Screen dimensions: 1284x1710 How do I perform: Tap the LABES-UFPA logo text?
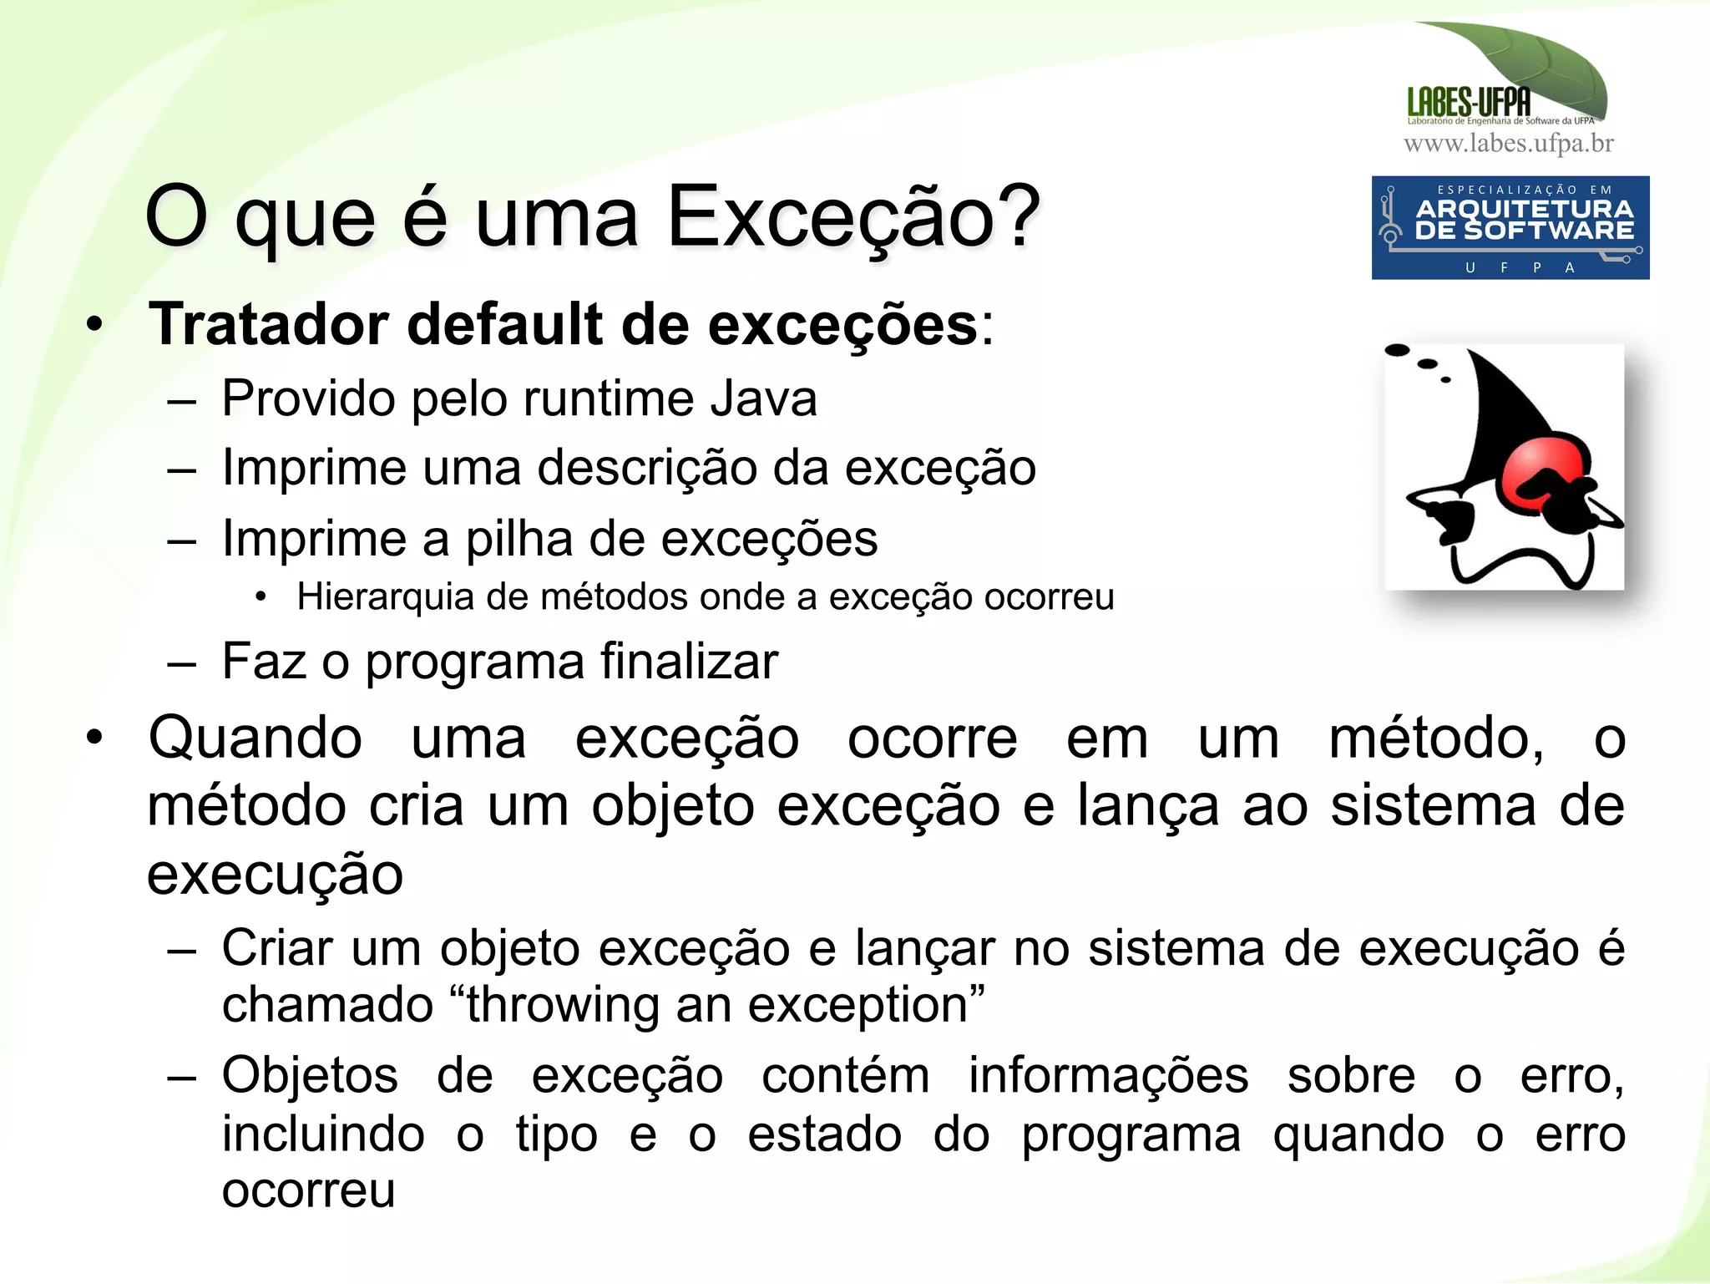point(1469,103)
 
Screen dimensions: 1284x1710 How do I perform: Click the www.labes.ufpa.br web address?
point(1508,144)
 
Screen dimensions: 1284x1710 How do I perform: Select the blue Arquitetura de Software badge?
point(1510,227)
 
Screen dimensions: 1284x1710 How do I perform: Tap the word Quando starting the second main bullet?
point(255,738)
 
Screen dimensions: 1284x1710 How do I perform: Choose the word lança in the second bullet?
point(1148,806)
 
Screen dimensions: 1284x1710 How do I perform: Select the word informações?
point(1108,1075)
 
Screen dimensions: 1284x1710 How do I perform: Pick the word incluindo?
point(323,1134)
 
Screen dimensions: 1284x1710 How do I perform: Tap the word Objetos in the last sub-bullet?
point(310,1075)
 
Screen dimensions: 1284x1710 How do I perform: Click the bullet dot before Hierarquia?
point(261,597)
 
